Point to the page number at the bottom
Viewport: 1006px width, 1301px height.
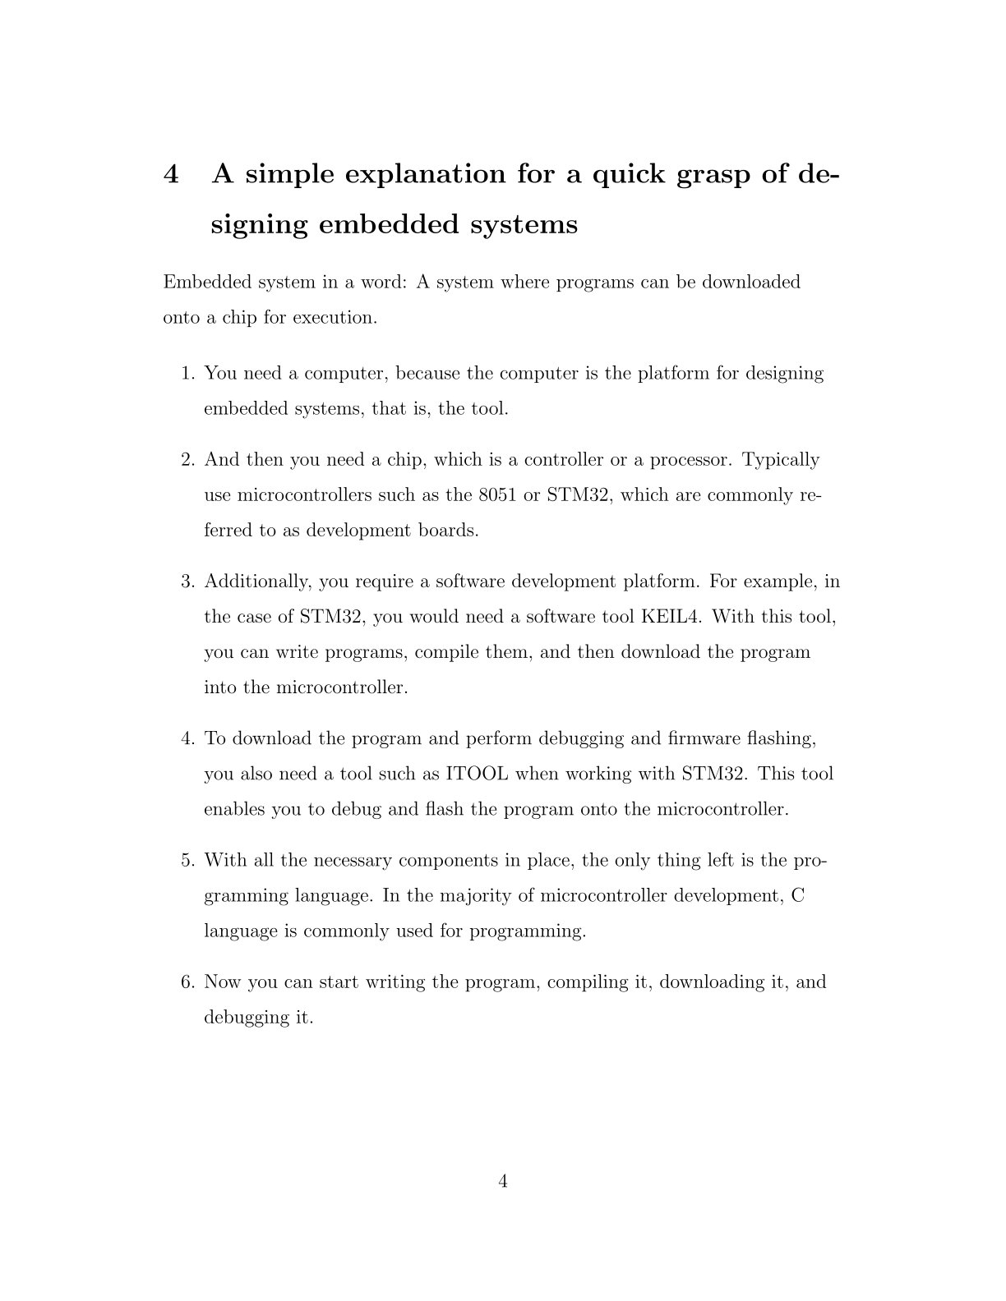[503, 1181]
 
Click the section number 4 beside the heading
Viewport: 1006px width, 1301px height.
[171, 174]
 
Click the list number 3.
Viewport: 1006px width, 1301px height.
[188, 582]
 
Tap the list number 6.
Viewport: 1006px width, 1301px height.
[188, 982]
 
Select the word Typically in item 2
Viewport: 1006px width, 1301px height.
[781, 460]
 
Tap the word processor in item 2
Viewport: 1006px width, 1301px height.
[690, 460]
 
